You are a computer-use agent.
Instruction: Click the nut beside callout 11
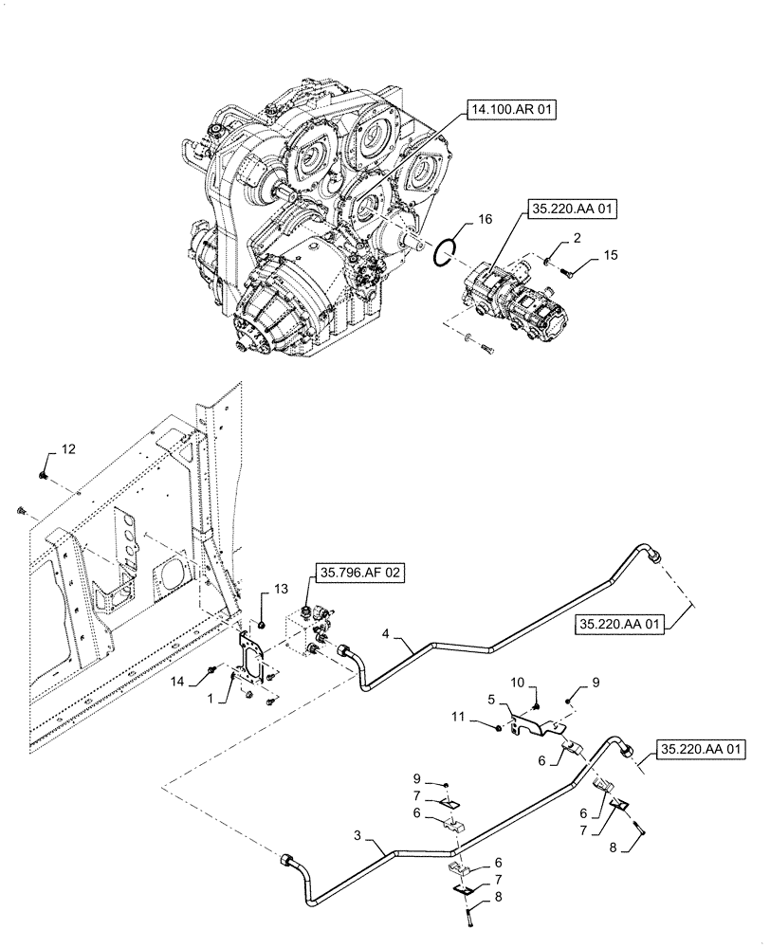click(501, 728)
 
